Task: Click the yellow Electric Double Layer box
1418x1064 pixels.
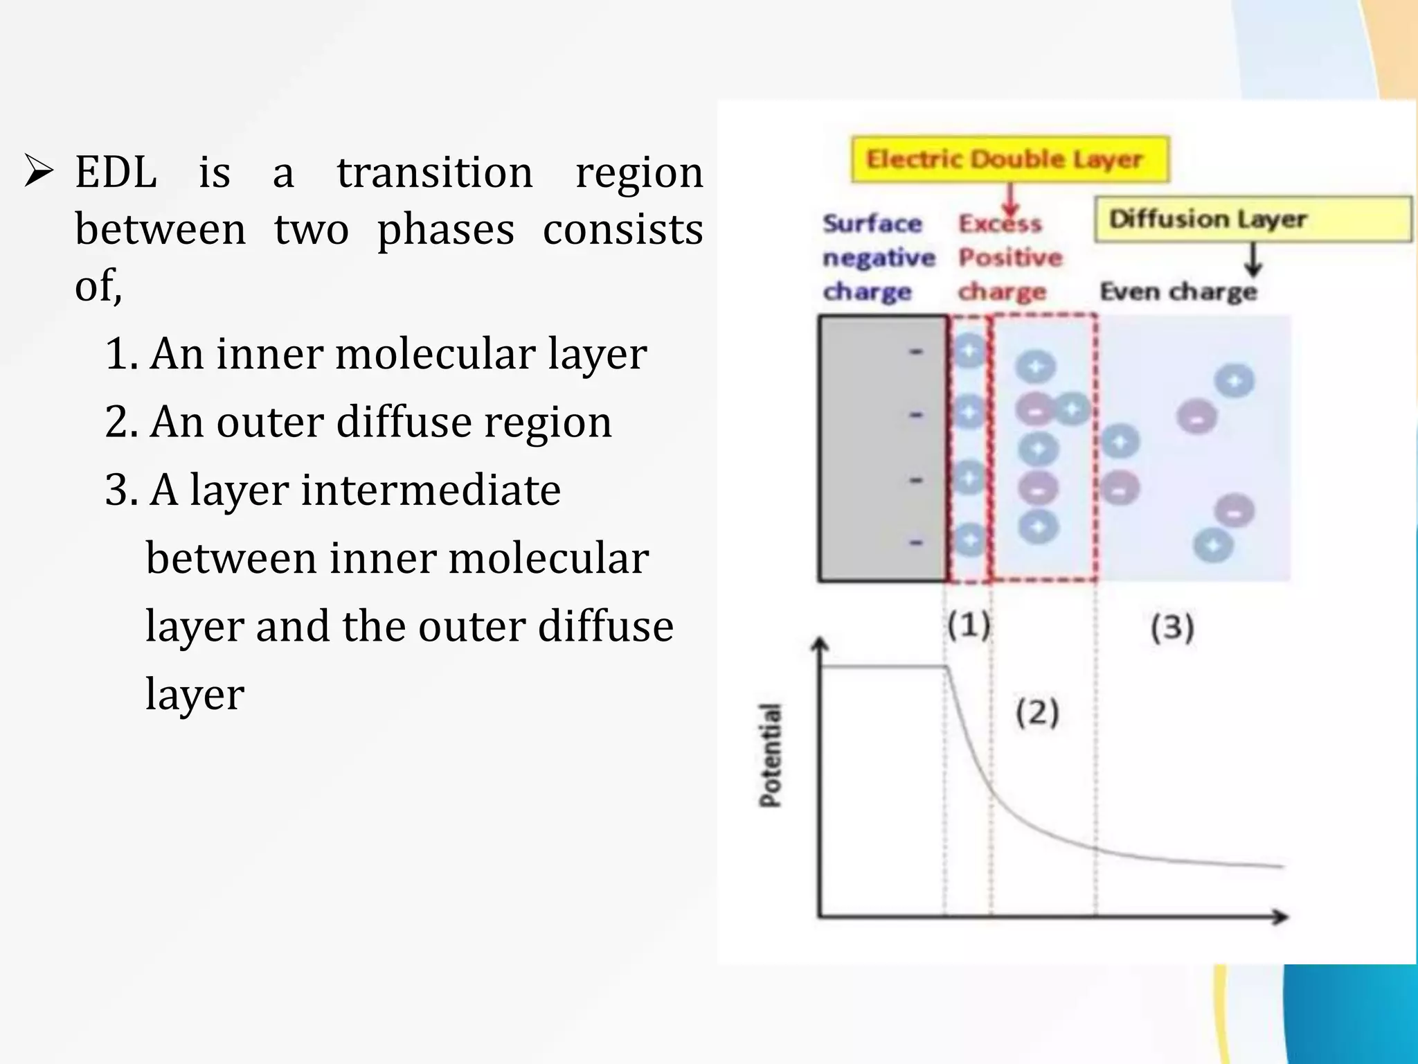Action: tap(1009, 159)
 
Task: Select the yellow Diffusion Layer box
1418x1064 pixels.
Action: tap(1252, 219)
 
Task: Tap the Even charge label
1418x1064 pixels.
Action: tap(1178, 292)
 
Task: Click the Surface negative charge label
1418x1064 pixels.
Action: tap(878, 258)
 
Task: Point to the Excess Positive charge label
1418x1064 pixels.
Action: tap(1009, 258)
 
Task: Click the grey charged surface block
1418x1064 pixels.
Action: tap(882, 448)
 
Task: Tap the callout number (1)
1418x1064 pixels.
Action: tap(969, 626)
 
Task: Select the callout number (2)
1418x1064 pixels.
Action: tap(1037, 713)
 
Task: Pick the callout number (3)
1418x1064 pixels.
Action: tap(1172, 628)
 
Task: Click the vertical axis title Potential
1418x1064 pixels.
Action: tap(770, 755)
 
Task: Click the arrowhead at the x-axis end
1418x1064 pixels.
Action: tap(1280, 917)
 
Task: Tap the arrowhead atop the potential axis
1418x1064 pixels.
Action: tap(820, 646)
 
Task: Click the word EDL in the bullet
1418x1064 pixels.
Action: tap(116, 172)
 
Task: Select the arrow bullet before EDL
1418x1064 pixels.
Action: tap(39, 172)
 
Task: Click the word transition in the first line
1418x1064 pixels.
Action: tap(435, 172)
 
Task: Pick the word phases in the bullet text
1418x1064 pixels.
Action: tap(446, 229)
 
